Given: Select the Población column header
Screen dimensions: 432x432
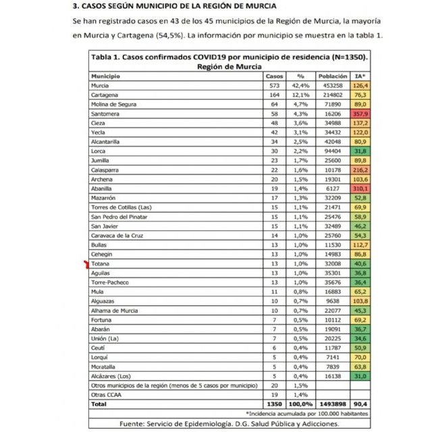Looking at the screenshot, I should (333, 77).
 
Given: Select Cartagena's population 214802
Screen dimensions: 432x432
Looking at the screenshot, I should (333, 96).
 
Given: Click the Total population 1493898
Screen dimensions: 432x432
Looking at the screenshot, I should (333, 403).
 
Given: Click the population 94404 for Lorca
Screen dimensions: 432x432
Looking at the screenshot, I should (333, 153).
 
